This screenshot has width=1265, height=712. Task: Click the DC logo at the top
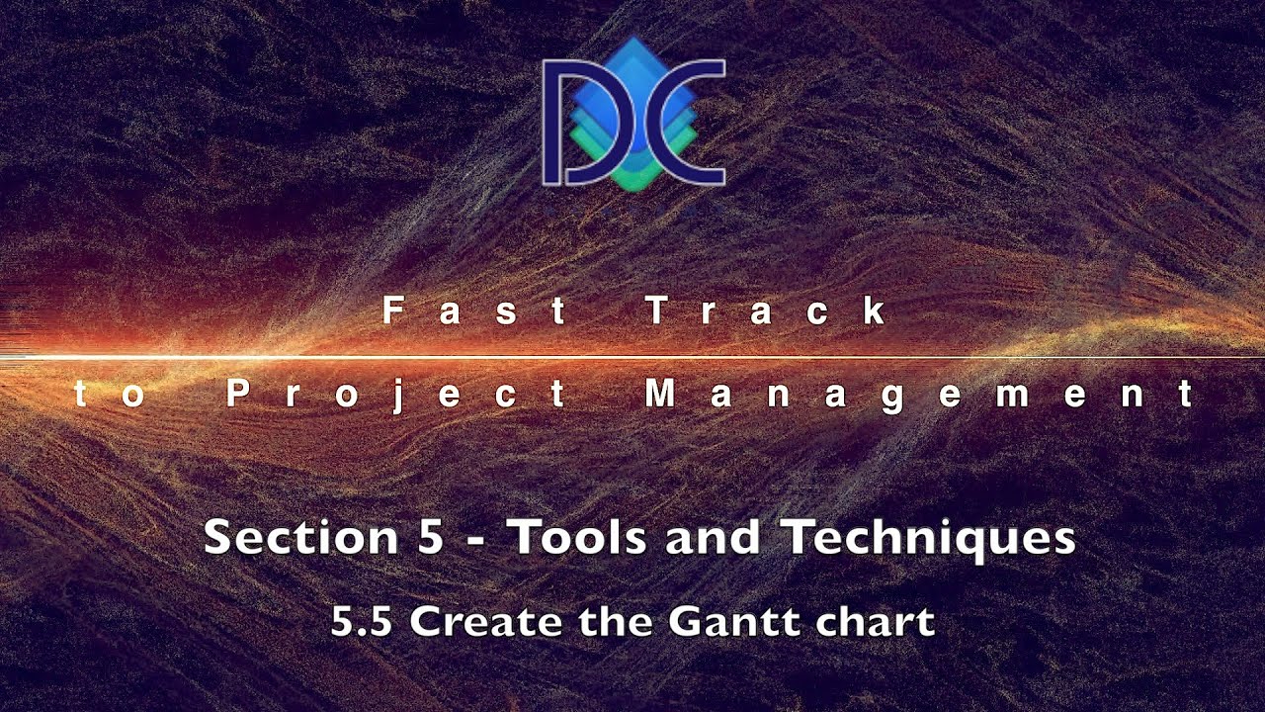633,116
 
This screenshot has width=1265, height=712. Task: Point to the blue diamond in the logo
633,90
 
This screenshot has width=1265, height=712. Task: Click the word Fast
474,311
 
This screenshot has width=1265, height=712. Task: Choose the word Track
766,311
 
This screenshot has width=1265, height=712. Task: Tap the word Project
396,395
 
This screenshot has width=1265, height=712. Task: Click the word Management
919,395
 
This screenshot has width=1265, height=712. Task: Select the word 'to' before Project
110,395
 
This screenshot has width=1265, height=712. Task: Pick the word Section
301,537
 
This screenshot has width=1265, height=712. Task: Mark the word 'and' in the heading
713,537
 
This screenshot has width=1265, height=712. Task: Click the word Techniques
930,539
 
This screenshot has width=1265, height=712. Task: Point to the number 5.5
361,622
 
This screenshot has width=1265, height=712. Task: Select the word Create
486,622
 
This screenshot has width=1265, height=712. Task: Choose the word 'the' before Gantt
616,622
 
